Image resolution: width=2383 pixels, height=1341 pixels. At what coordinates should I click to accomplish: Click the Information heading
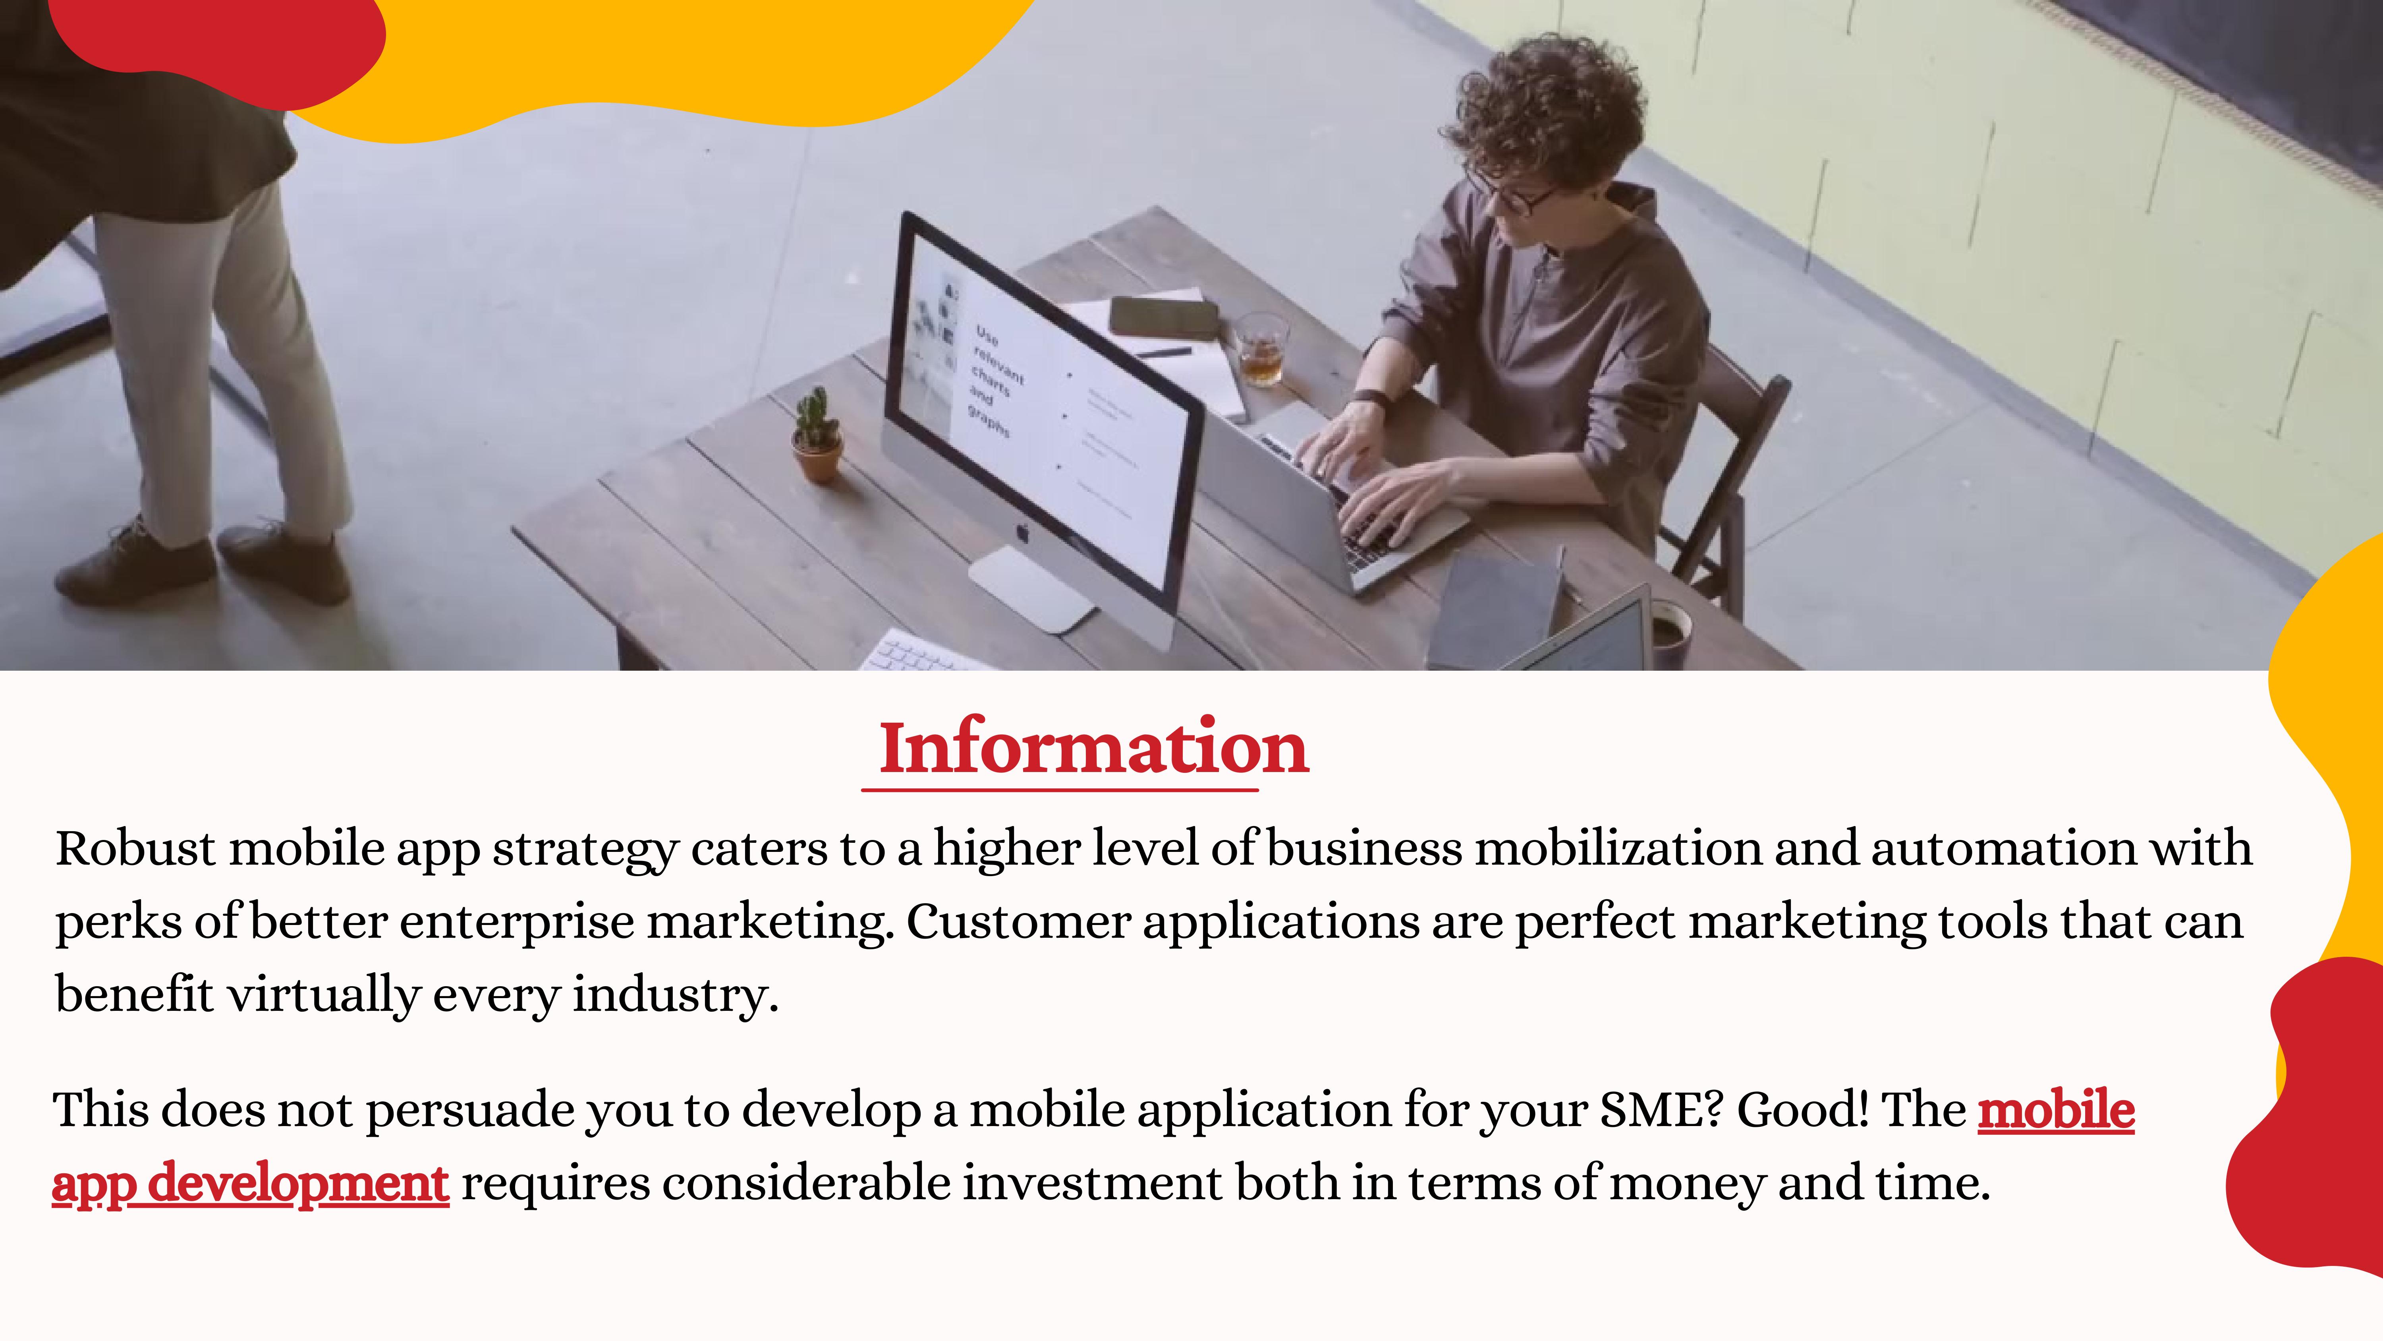1093,748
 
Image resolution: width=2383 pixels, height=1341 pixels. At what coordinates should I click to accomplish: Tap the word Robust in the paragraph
136,849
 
